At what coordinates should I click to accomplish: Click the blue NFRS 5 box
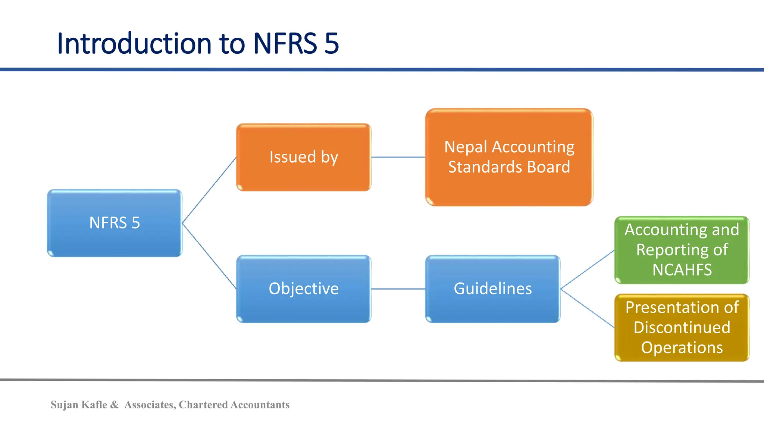tap(115, 223)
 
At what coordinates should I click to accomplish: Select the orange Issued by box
tap(304, 157)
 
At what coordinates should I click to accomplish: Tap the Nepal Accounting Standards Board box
tap(509, 157)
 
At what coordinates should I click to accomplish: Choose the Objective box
tap(304, 289)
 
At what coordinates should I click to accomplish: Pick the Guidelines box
tap(492, 289)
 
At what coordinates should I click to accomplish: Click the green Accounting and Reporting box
tap(682, 250)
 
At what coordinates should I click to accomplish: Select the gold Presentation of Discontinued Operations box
tap(682, 327)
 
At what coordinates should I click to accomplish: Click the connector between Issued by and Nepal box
tap(398, 157)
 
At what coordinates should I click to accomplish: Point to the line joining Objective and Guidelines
tap(398, 289)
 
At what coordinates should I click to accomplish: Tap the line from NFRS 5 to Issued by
tap(209, 190)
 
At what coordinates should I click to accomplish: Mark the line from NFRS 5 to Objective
tap(209, 256)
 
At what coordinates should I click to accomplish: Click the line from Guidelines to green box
tap(587, 269)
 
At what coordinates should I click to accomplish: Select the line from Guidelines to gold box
tap(587, 308)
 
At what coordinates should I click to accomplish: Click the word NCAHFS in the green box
tap(682, 270)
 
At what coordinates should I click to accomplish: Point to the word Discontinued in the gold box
tap(682, 328)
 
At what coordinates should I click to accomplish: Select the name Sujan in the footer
tap(64, 405)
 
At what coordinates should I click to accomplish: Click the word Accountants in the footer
tap(260, 405)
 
